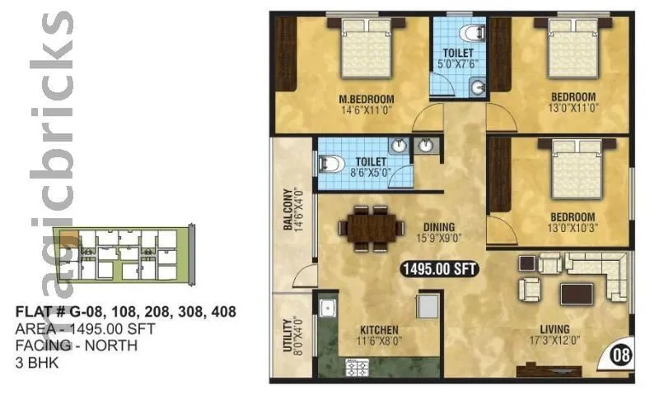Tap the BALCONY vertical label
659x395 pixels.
click(x=288, y=211)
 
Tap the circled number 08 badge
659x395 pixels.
click(x=622, y=356)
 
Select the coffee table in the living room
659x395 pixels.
click(x=576, y=293)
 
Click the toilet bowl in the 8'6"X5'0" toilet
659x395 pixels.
click(x=330, y=164)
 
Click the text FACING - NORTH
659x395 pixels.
click(x=77, y=345)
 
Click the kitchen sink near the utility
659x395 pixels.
click(x=326, y=309)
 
